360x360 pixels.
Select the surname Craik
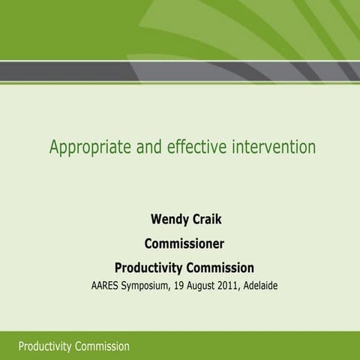pos(204,221)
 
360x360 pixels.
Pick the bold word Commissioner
pos(184,244)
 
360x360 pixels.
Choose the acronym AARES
pos(107,286)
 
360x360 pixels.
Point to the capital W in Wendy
pos(156,221)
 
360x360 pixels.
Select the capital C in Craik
pos(192,221)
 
